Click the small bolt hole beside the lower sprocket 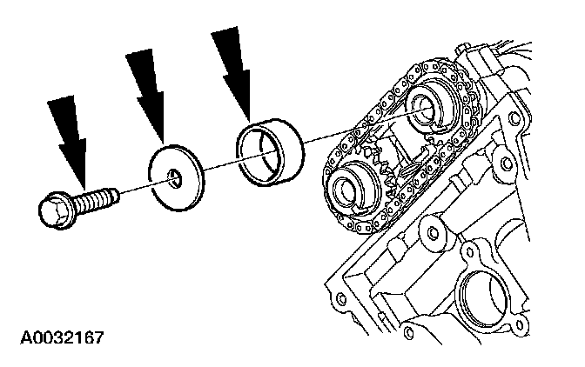point(428,231)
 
